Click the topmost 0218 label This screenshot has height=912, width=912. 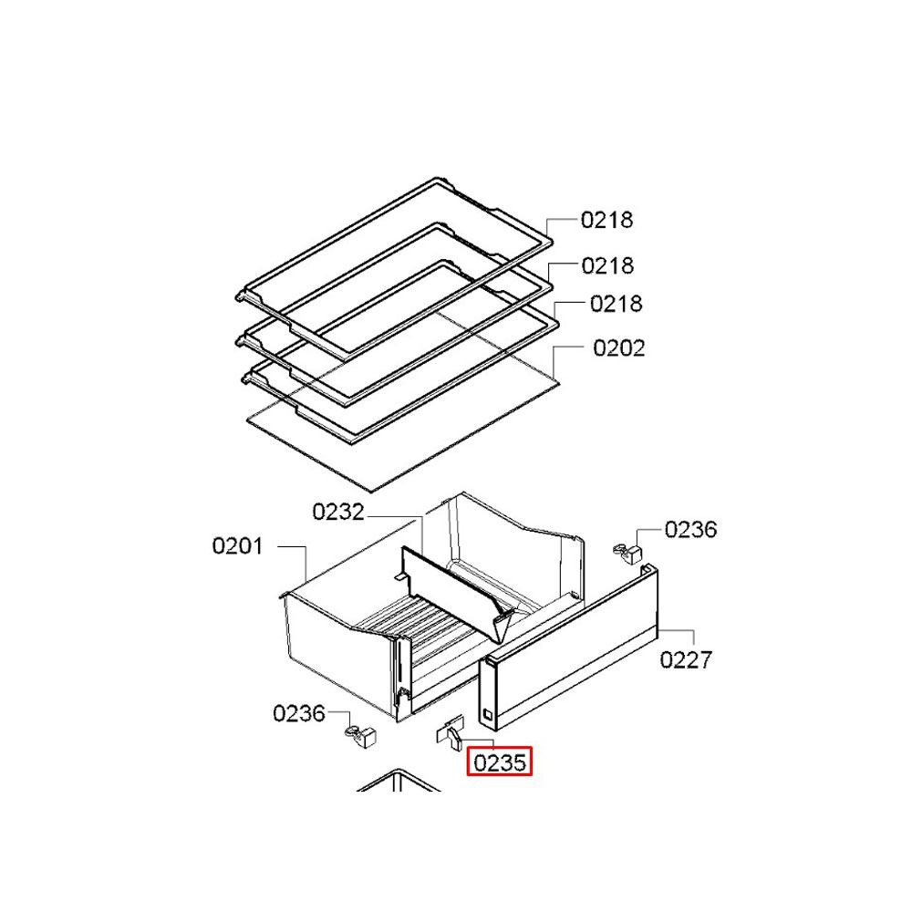tap(606, 220)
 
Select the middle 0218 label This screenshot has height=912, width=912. tap(607, 265)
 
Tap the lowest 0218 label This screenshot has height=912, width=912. tap(616, 304)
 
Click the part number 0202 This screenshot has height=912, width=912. tap(619, 348)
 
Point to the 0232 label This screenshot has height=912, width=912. tap(338, 512)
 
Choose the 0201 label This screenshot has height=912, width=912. tap(237, 546)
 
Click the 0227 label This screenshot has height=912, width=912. tap(686, 660)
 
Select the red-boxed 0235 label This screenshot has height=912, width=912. tap(500, 762)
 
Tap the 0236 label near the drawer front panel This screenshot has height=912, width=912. tap(690, 530)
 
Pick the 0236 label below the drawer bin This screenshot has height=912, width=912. tap(298, 714)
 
